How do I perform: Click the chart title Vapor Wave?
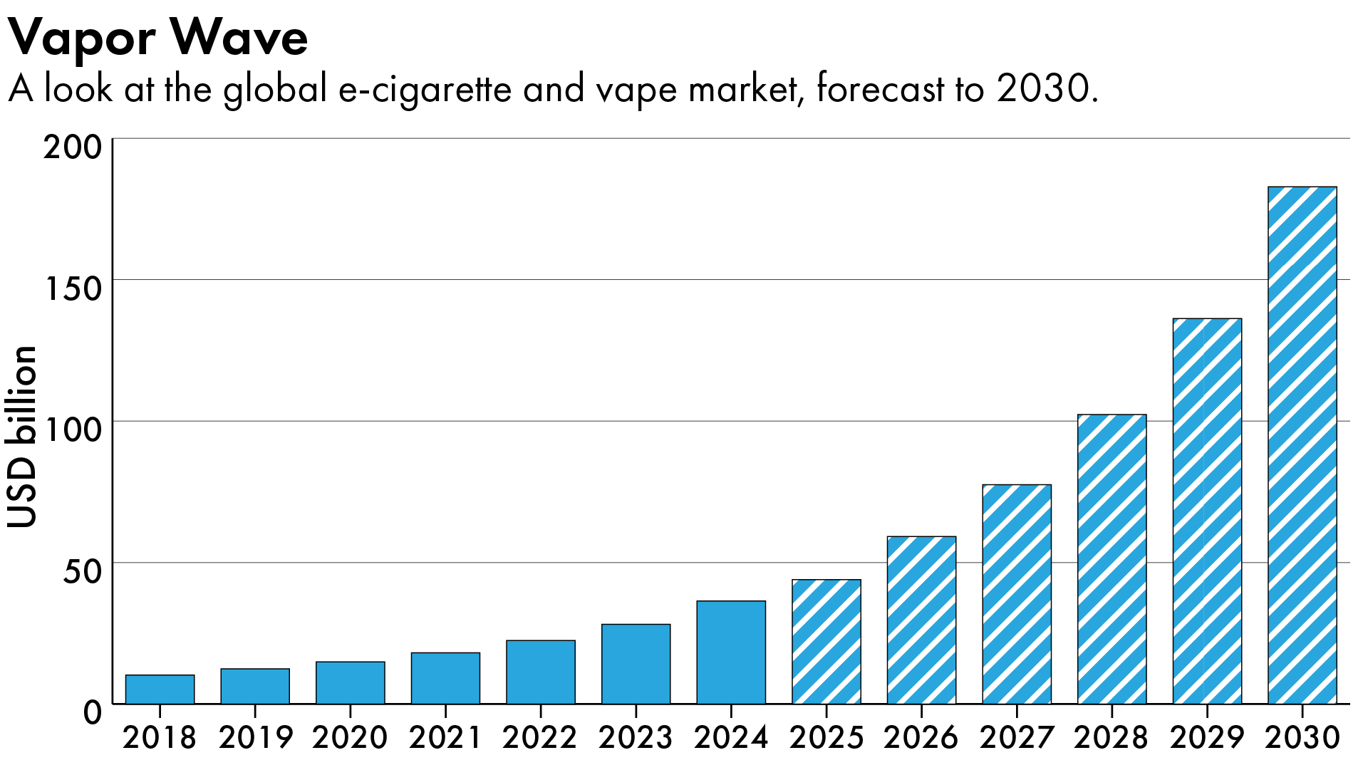(158, 37)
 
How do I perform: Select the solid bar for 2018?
(160, 689)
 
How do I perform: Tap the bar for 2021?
(445, 678)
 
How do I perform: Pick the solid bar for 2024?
(731, 652)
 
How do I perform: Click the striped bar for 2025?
(826, 642)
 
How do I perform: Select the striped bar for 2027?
(1017, 595)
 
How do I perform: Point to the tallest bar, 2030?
(1302, 445)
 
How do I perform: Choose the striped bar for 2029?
(1207, 511)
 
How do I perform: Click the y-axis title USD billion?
(23, 437)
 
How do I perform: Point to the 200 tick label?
(73, 148)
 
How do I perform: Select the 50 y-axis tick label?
(83, 572)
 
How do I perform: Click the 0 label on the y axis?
(93, 712)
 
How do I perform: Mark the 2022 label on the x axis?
(540, 737)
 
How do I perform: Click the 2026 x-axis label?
(921, 737)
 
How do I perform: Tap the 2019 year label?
(255, 737)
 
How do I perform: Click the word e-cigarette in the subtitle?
(425, 90)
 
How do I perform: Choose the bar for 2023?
(636, 664)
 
